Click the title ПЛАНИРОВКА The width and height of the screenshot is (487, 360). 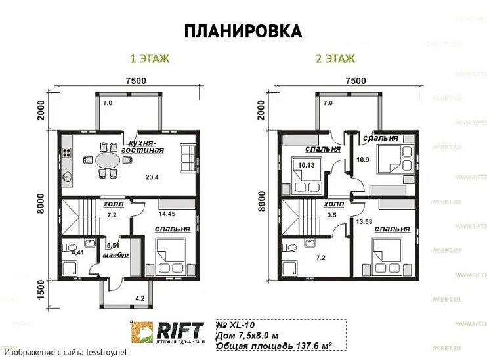point(243,31)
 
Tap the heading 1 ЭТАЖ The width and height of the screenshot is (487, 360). point(150,59)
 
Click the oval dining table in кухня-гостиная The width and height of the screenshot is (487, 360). point(108,160)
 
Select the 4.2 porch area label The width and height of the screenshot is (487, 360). point(140,299)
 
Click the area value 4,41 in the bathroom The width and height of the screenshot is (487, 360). point(77,251)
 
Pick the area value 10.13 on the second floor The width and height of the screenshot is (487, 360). point(307,166)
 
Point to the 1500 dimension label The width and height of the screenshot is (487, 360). point(41,288)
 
